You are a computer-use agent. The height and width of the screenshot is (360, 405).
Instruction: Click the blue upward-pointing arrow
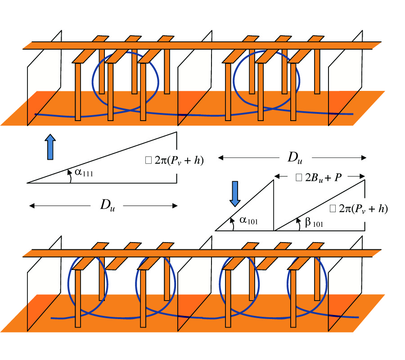[50, 147]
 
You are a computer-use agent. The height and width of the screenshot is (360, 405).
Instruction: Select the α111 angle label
[85, 173]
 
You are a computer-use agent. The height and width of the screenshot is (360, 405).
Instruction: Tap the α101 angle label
[247, 220]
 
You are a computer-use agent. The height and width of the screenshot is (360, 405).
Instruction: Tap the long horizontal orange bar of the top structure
[198, 45]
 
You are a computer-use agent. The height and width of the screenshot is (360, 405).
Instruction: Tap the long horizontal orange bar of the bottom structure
[198, 253]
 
